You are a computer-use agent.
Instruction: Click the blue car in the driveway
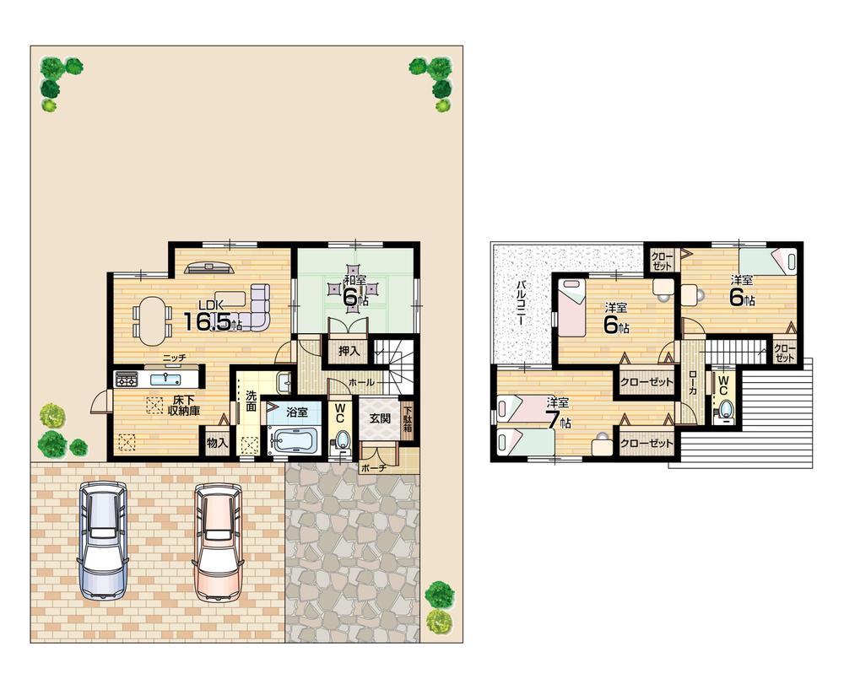pyautogui.click(x=105, y=541)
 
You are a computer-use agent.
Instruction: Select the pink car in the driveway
pyautogui.click(x=219, y=541)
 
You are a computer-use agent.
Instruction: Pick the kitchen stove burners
pyautogui.click(x=127, y=379)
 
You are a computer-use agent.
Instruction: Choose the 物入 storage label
pyautogui.click(x=217, y=442)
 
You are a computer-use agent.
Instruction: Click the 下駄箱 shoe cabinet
pyautogui.click(x=408, y=420)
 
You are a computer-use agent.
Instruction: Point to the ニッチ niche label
pyautogui.click(x=175, y=358)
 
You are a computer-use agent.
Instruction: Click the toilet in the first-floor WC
pyautogui.click(x=341, y=440)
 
